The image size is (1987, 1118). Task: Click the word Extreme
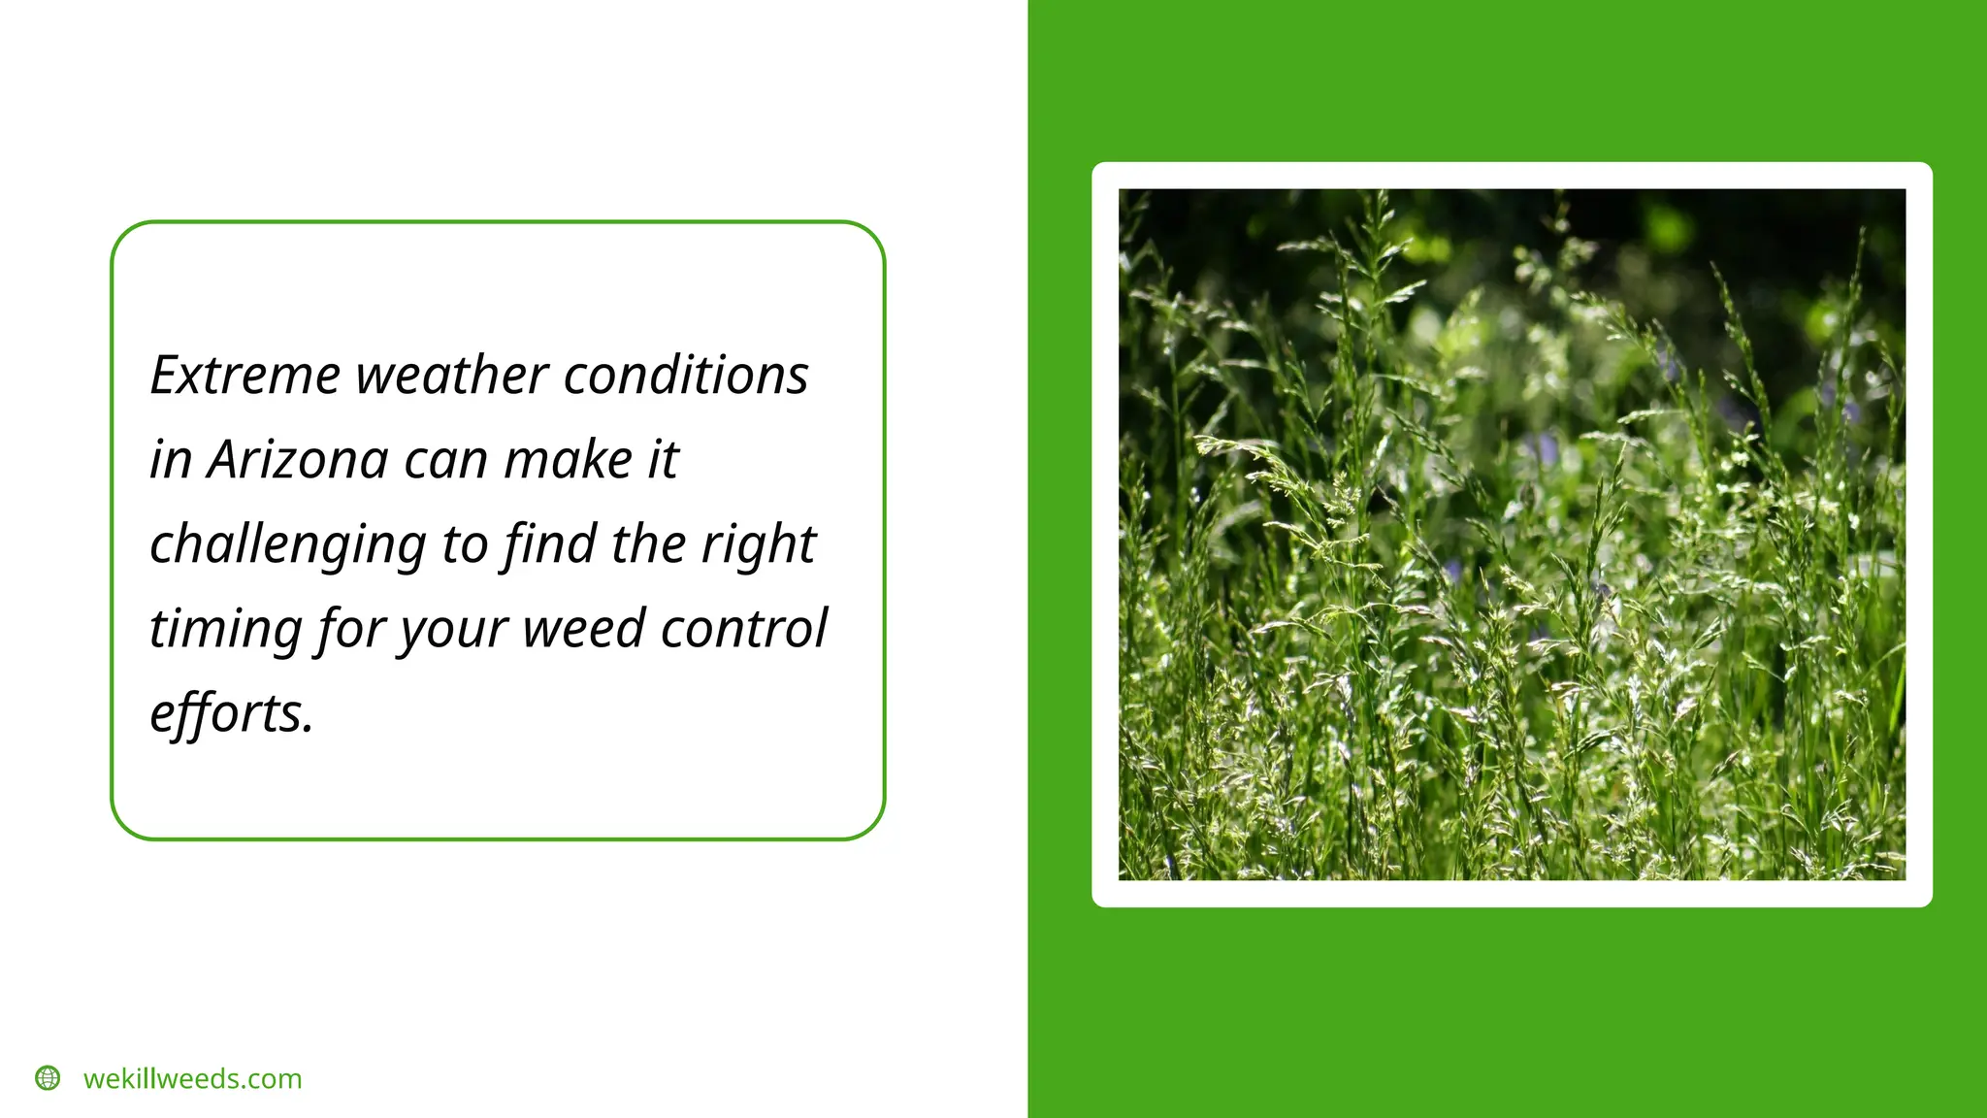(245, 376)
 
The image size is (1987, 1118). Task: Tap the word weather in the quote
(452, 376)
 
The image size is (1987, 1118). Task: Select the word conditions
(685, 376)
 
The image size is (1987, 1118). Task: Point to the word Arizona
(298, 460)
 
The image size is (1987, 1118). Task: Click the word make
(569, 460)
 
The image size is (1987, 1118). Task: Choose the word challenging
(287, 545)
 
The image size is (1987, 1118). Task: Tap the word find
(549, 544)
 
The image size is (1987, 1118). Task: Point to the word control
(744, 629)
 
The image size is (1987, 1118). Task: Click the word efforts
(232, 713)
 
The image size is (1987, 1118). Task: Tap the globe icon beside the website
(48, 1078)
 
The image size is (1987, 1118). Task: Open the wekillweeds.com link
(192, 1079)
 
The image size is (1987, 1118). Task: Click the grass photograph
(1512, 534)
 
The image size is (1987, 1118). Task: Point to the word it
(663, 460)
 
